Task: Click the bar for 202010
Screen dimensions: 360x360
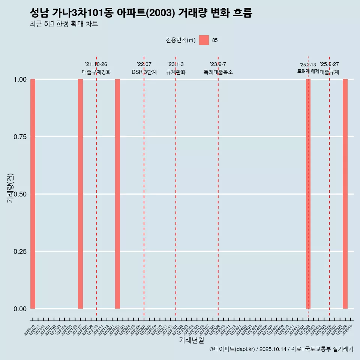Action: (33, 194)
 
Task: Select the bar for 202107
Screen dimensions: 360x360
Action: (80, 194)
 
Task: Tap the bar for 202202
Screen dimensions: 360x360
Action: (117, 194)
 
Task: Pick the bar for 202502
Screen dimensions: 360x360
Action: (308, 194)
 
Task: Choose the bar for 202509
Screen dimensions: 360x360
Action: (345, 194)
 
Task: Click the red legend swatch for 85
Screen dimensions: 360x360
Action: (204, 40)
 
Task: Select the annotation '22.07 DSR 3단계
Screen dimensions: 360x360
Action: (144, 68)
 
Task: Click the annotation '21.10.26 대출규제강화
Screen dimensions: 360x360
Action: (96, 68)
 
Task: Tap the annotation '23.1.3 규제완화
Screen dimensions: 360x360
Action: (175, 68)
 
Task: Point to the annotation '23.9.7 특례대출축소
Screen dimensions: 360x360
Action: (218, 68)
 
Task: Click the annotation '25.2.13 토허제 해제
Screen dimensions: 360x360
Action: (308, 68)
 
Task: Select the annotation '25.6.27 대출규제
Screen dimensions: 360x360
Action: (329, 68)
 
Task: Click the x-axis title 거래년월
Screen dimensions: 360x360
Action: (191, 340)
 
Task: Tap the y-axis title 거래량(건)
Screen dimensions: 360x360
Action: (10, 187)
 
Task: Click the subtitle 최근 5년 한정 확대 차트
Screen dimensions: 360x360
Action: (64, 24)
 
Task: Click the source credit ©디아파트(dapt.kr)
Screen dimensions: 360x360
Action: (232, 349)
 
